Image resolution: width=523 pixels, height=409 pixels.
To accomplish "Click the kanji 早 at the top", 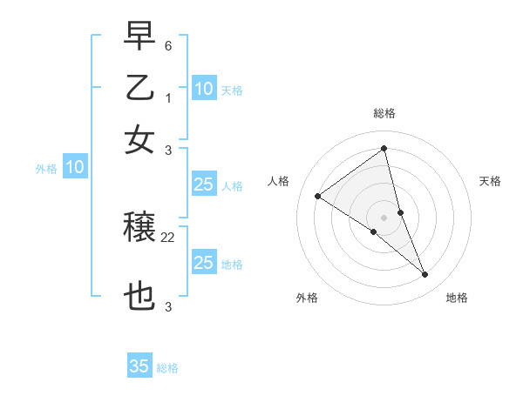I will pos(139,37).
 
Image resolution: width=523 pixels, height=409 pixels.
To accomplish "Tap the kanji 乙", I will pos(139,88).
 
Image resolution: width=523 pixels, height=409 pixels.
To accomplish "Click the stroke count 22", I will pos(168,236).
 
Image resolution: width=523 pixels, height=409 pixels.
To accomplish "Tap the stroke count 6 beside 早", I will pos(168,44).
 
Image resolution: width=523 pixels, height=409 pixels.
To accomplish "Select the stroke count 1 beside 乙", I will pos(168,97).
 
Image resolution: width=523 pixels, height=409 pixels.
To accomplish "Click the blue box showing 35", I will pos(139,366).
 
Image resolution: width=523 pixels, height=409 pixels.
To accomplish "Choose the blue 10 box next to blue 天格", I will pos(203,89).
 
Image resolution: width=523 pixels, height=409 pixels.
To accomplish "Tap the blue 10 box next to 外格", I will pos(75,168).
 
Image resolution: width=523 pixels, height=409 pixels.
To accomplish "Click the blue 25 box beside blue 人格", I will pos(203,184).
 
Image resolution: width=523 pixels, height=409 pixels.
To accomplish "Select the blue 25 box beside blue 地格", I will pos(203,263).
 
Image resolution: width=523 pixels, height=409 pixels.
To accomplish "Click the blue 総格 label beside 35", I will pos(167,368).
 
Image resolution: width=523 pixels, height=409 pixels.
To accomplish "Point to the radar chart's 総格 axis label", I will pos(384,113).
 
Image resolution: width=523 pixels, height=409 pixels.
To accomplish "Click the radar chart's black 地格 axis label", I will pos(457,298).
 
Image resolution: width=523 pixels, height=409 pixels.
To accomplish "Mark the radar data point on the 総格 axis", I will pos(384,148).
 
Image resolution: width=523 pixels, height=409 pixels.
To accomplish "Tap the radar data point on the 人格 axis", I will pos(318,196).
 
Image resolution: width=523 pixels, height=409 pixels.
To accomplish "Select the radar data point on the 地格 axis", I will pos(425,274).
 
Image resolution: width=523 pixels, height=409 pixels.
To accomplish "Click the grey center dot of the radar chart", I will pos(384,217).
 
